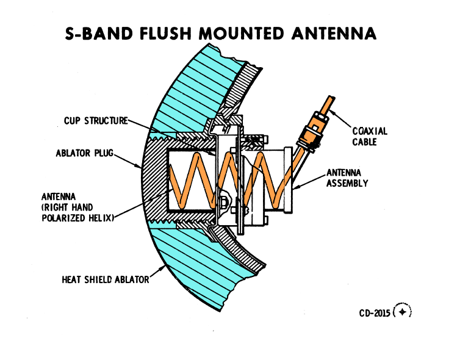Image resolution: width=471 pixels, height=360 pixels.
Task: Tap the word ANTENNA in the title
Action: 332,33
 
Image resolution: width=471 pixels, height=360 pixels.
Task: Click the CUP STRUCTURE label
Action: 96,121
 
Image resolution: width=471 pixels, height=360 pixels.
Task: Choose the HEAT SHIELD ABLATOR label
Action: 104,280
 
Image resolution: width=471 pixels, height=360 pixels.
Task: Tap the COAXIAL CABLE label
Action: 370,136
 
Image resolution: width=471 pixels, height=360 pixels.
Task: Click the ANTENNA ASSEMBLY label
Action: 347,178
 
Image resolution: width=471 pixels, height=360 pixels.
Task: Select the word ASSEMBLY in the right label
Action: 347,182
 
